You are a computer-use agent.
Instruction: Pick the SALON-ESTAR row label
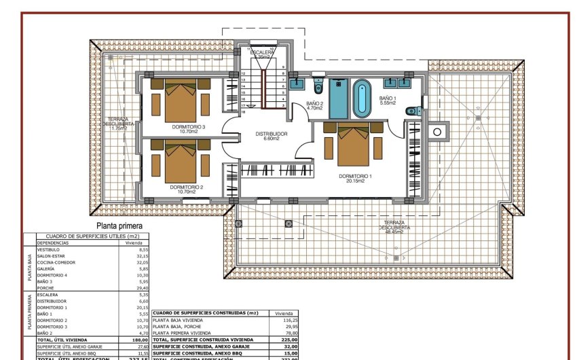tap(52, 255)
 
